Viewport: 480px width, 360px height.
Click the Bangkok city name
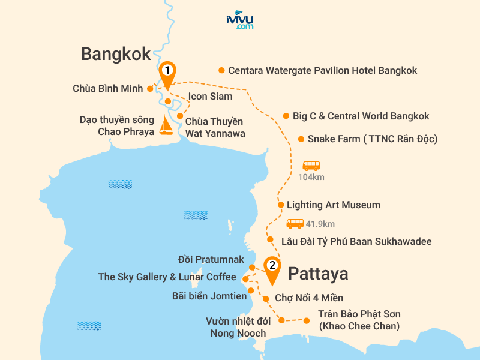tap(116, 55)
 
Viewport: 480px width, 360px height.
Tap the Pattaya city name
tap(318, 274)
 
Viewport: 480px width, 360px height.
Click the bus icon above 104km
tap(311, 166)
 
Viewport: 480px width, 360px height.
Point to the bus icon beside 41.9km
tap(295, 224)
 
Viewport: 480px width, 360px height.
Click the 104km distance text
tap(311, 177)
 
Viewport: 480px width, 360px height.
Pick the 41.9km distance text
tap(320, 224)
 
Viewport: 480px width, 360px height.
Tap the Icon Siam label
tap(210, 96)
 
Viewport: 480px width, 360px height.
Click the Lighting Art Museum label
tap(333, 205)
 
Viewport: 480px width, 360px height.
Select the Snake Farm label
tap(372, 139)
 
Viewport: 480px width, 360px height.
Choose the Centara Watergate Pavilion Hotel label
tap(322, 70)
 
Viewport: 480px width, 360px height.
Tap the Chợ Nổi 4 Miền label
tap(309, 298)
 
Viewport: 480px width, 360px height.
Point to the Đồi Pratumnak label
tap(211, 260)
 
